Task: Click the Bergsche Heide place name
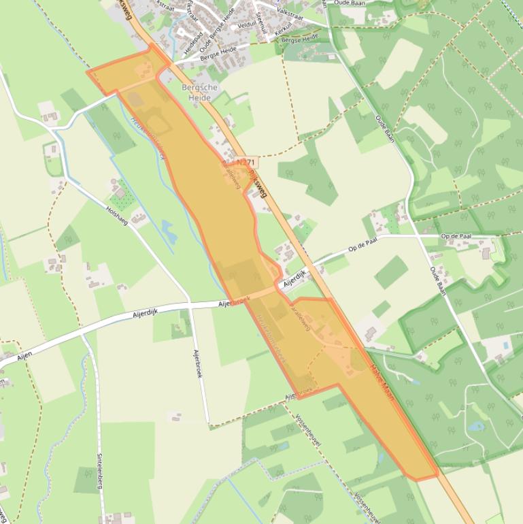pyautogui.click(x=200, y=93)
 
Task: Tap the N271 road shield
pyautogui.click(x=246, y=163)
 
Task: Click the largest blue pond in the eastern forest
pyautogui.click(x=476, y=427)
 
